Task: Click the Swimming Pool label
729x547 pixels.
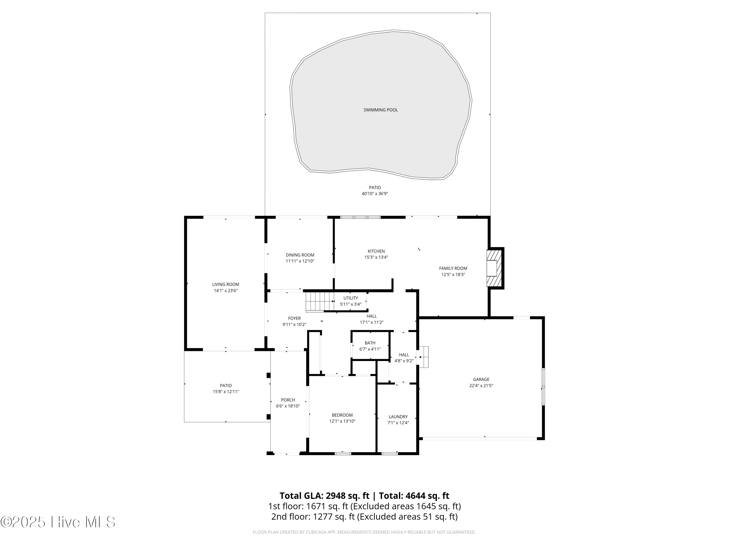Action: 380,110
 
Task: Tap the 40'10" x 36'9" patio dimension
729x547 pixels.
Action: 375,194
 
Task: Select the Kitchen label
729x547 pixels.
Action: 376,251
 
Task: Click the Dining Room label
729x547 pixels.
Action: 300,255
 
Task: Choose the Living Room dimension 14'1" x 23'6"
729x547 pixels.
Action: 226,291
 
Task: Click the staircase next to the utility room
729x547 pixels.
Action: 319,302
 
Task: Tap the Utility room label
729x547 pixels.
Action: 350,298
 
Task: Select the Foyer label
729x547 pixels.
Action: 294,318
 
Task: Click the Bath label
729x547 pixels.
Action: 370,343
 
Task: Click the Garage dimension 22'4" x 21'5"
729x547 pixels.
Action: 481,385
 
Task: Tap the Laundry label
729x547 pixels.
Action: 398,417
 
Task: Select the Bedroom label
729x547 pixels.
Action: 342,415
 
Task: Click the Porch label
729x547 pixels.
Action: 288,400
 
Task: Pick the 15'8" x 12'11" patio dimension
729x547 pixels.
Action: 226,392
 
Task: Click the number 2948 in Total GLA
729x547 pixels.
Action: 336,496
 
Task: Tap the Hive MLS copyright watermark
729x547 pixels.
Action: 58,522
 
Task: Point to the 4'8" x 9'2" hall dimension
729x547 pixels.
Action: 404,361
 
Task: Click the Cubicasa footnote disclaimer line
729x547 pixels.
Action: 364,532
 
